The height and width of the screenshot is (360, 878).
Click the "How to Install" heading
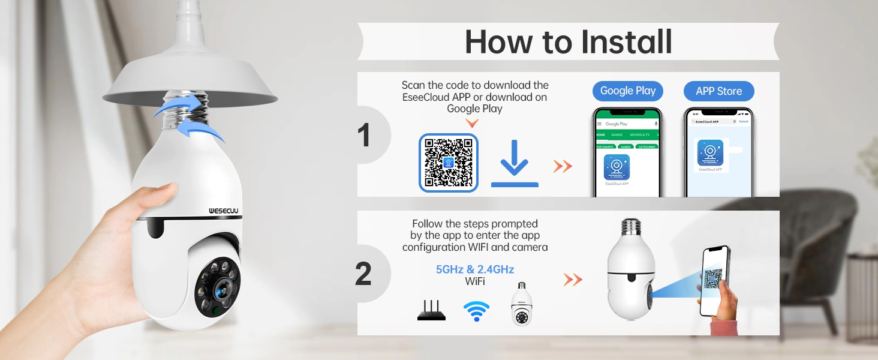pyautogui.click(x=568, y=41)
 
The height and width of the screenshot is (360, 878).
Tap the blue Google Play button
pyautogui.click(x=628, y=91)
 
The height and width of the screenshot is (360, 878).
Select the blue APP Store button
pyautogui.click(x=718, y=91)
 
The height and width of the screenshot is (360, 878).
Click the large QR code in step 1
pyautogui.click(x=449, y=163)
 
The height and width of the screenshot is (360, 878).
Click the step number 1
pyautogui.click(x=364, y=135)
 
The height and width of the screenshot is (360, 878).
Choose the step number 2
pyautogui.click(x=363, y=274)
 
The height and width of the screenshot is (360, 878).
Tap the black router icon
pyautogui.click(x=431, y=311)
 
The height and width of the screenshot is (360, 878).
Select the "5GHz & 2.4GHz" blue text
pyautogui.click(x=474, y=269)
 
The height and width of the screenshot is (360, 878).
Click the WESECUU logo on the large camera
pyautogui.click(x=224, y=211)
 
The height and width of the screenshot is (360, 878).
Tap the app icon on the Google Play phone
pyautogui.click(x=617, y=167)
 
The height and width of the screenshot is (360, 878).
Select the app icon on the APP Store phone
pyautogui.click(x=710, y=152)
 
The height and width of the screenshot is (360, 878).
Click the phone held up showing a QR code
pyautogui.click(x=714, y=281)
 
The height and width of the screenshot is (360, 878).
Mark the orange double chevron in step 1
pyautogui.click(x=563, y=166)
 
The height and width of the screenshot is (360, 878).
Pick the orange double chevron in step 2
pyautogui.click(x=573, y=279)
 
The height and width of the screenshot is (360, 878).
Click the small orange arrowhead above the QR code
pyautogui.click(x=473, y=123)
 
